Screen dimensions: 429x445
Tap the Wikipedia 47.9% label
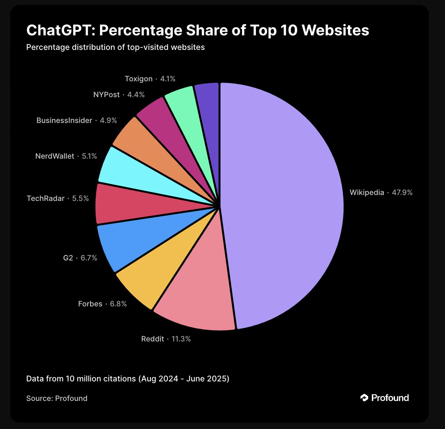coord(381,192)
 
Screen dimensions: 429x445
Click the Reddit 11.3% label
coord(166,339)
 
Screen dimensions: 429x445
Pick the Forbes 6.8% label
coord(102,304)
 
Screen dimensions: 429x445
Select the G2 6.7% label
coord(80,258)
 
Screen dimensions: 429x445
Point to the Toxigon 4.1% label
coord(150,79)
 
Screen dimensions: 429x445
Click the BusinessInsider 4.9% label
coord(76,120)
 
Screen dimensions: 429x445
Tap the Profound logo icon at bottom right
coord(364,398)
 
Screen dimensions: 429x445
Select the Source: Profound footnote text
coord(57,398)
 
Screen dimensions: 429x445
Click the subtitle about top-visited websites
coord(115,47)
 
